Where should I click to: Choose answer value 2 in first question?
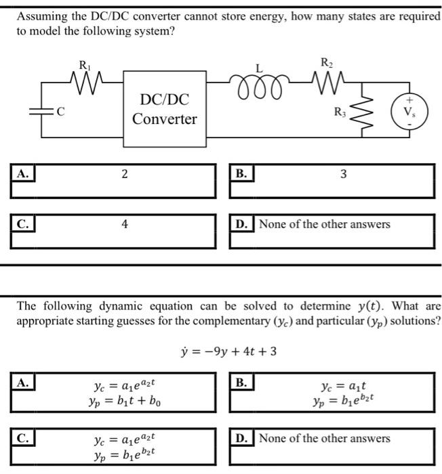coord(125,175)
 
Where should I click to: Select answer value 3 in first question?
coord(344,175)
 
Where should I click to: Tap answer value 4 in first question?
coord(125,223)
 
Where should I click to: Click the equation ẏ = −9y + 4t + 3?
coord(225,351)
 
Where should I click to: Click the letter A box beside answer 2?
coord(22,173)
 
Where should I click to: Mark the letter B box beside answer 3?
coord(241,173)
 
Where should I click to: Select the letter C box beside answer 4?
coord(22,223)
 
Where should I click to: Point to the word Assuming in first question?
coord(43,16)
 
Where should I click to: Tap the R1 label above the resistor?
coord(84,65)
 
